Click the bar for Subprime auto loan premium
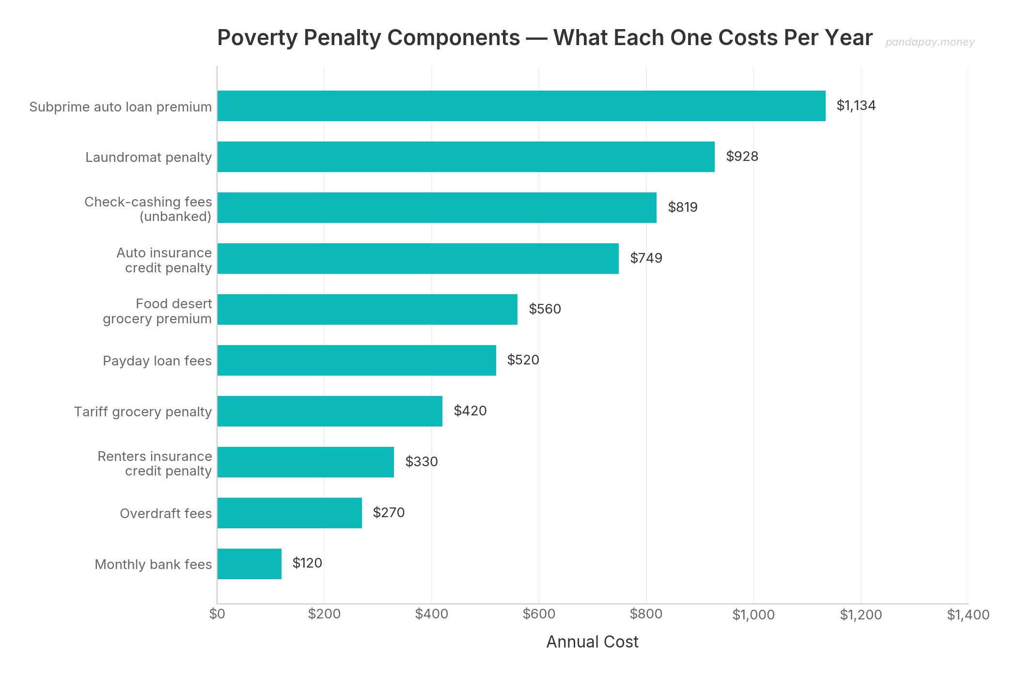coord(521,106)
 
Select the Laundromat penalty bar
coord(466,157)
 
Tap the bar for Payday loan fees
coord(357,360)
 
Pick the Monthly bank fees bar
coord(249,564)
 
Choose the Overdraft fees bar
coord(289,513)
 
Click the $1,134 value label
coord(856,106)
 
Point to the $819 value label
coord(682,207)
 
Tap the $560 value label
coord(545,309)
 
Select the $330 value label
coord(421,462)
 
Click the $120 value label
coord(307,563)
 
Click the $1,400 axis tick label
coord(968,615)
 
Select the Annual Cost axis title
coord(592,642)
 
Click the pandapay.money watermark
coord(929,42)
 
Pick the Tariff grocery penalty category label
coord(142,412)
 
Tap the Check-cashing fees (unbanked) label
coord(148,209)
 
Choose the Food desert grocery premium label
coord(157,311)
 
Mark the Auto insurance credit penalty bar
coord(418,258)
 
